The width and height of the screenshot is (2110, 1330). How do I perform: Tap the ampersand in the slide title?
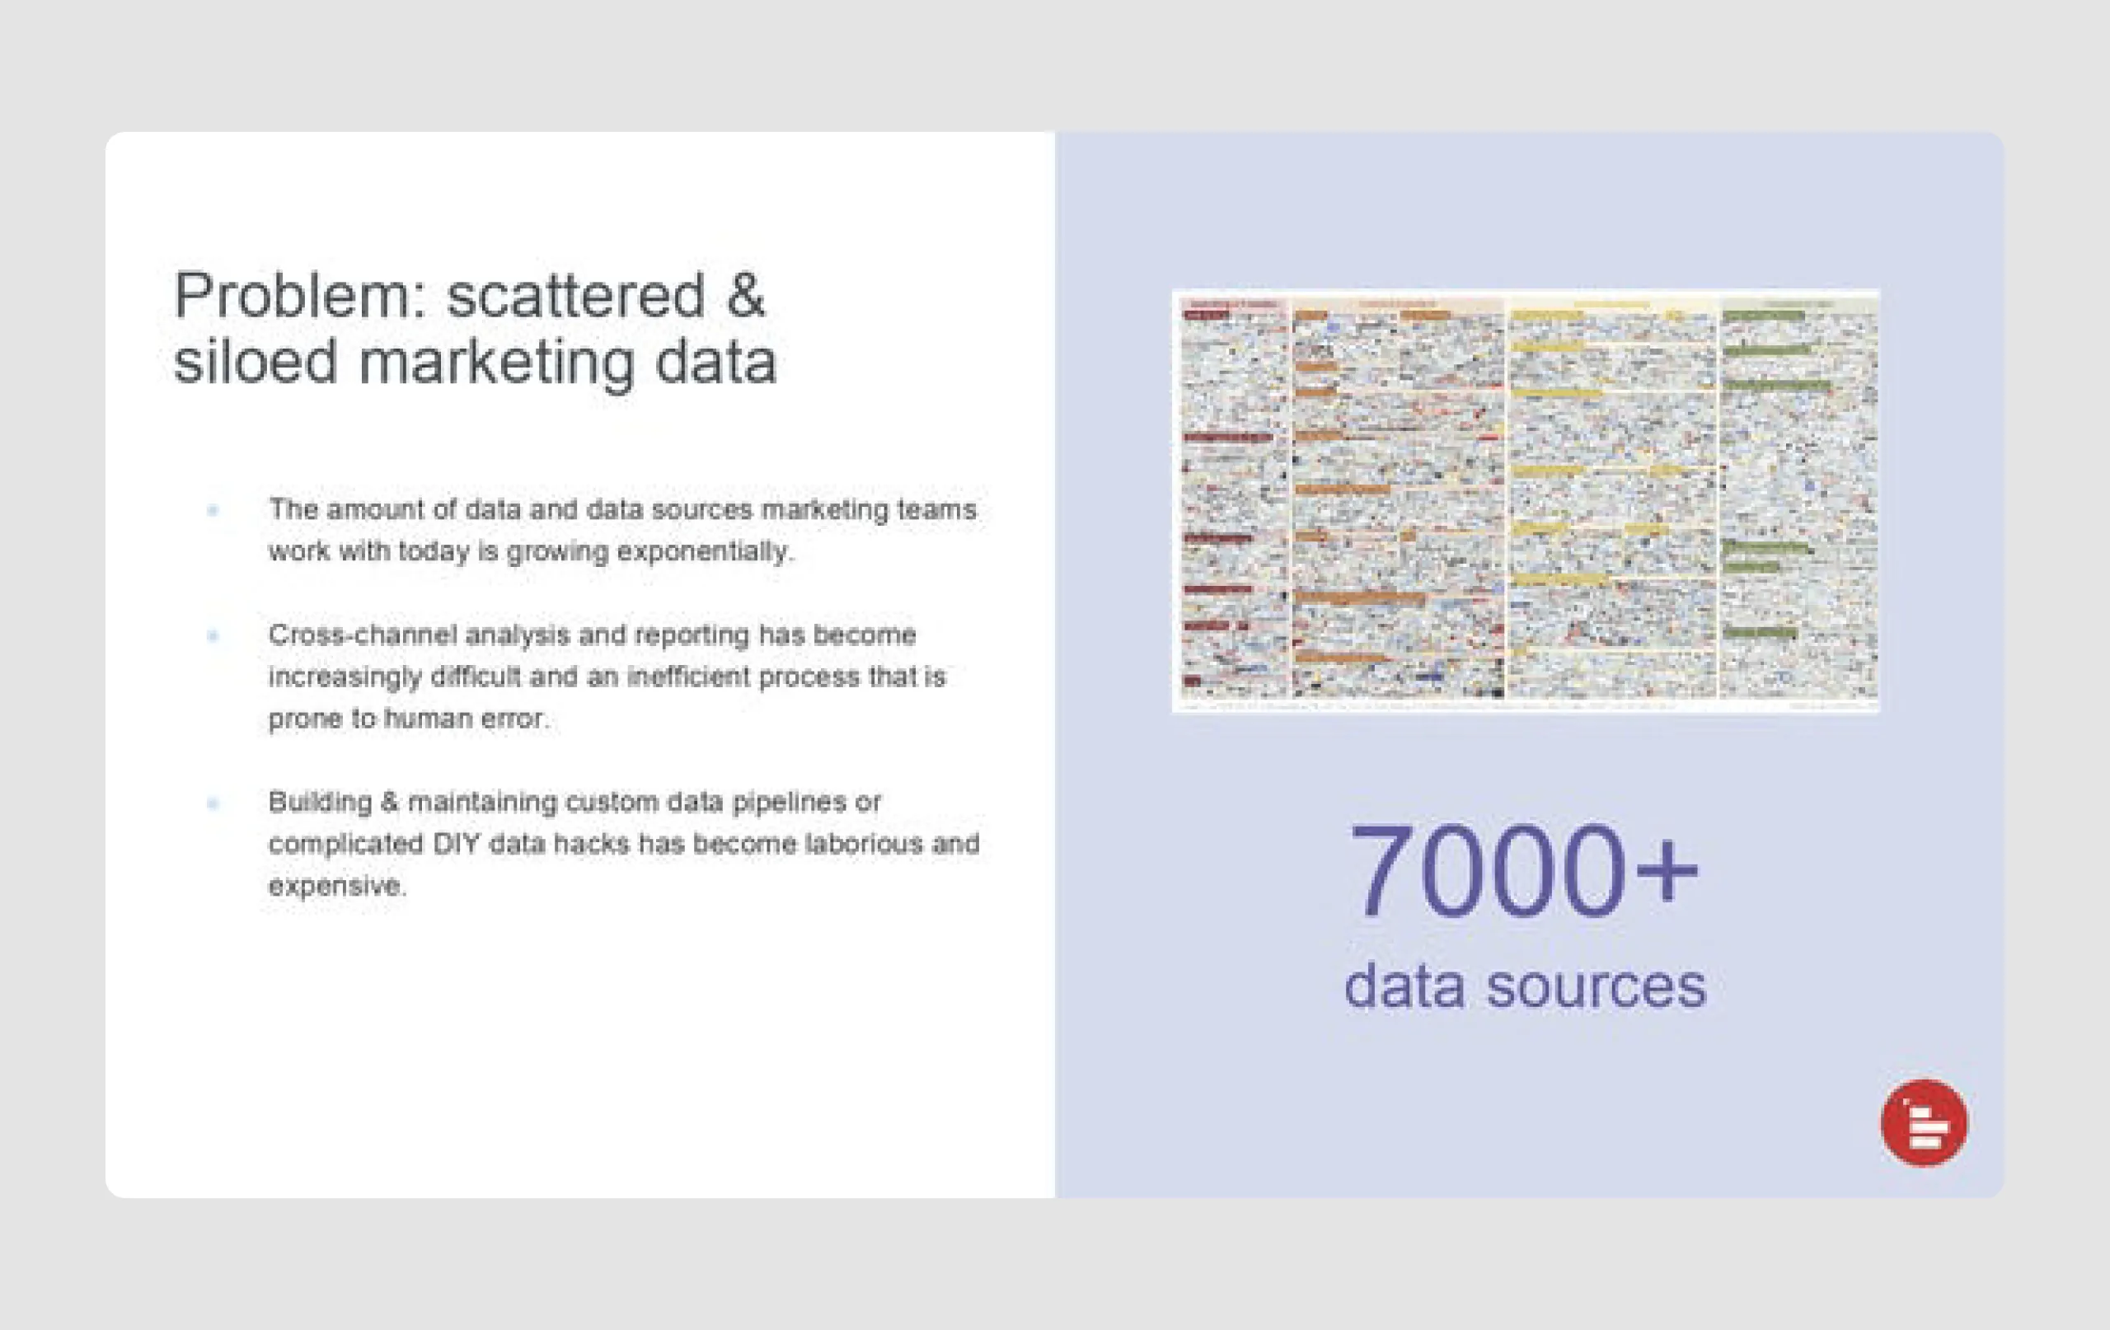pos(745,296)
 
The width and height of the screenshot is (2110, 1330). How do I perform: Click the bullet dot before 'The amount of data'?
pos(213,510)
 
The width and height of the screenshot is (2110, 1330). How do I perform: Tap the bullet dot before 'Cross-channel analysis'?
pos(213,635)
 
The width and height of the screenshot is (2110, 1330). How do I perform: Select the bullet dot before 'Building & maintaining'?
pos(213,803)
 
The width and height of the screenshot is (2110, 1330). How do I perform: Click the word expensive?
pos(336,886)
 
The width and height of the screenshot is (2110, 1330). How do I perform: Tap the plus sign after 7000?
pos(1665,873)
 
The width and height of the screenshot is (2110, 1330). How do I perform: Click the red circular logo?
pos(1924,1122)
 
